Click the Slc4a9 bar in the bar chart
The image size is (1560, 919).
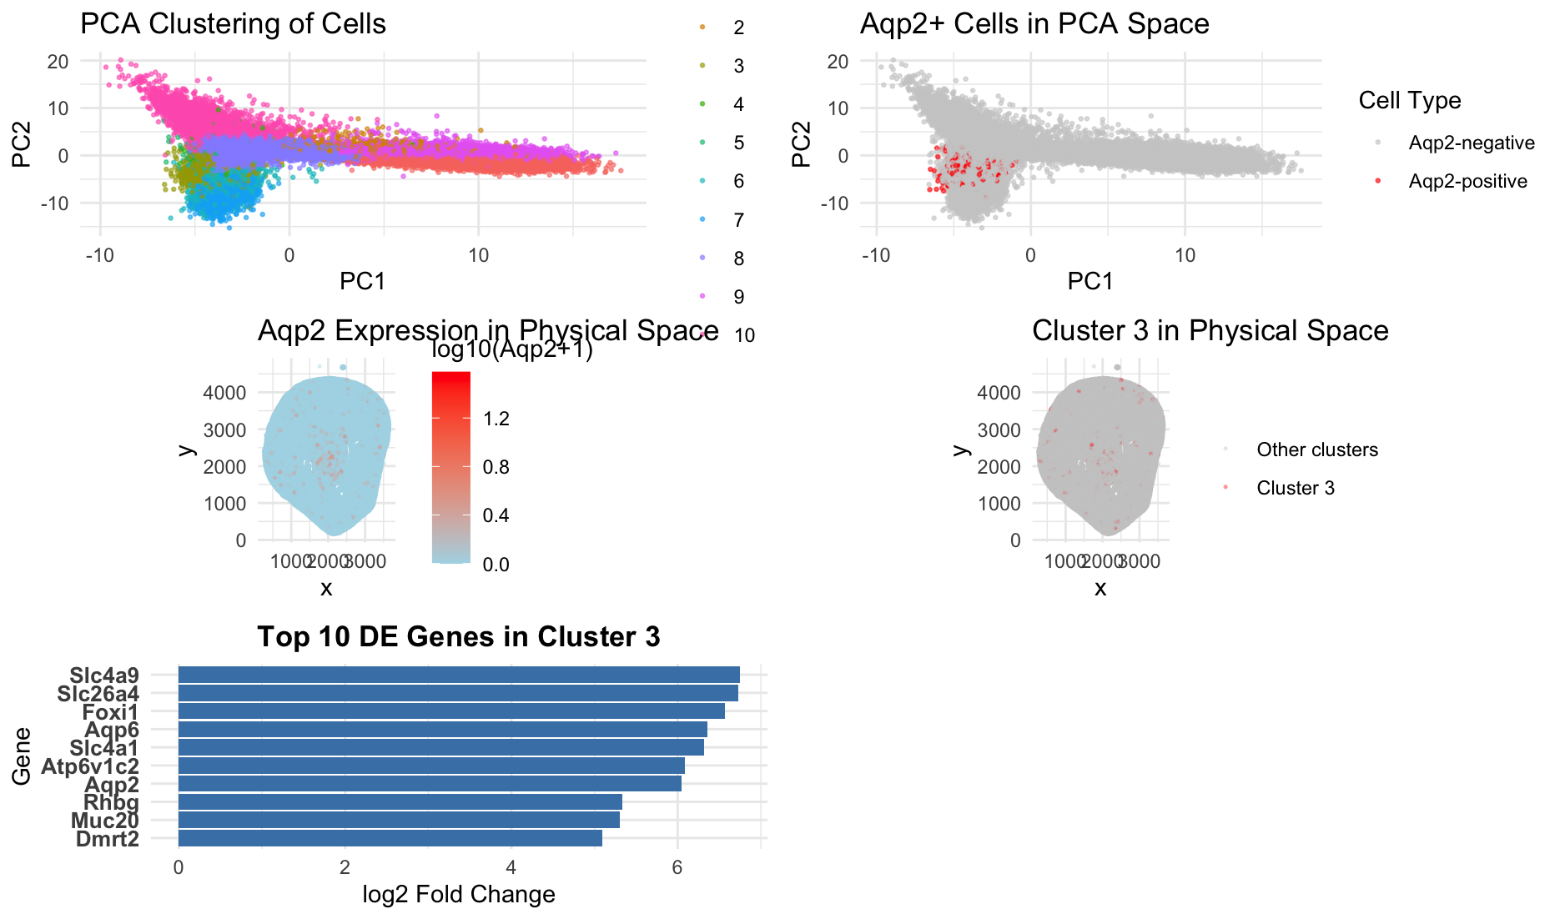[x=459, y=675]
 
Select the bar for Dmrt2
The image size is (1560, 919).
[x=390, y=838]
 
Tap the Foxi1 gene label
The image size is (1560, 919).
[x=110, y=712]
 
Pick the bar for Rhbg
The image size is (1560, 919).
[x=400, y=802]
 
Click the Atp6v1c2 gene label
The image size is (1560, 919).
[x=90, y=766]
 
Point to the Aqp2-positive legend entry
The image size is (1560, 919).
[x=1467, y=181]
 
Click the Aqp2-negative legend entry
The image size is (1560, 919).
[x=1471, y=143]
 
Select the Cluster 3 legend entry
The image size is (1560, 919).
[x=1295, y=488]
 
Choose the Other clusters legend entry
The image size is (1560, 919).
[x=1316, y=449]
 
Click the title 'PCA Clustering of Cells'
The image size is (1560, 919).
[x=233, y=23]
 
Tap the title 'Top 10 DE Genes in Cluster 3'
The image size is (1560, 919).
[x=459, y=637]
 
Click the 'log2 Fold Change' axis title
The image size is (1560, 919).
[x=459, y=895]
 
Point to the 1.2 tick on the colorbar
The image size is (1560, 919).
[x=496, y=419]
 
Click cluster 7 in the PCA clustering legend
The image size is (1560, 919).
[x=738, y=220]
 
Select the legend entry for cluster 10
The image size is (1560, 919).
[x=744, y=335]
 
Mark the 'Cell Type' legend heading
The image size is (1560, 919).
[x=1409, y=101]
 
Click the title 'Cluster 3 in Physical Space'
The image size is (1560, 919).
[x=1210, y=331]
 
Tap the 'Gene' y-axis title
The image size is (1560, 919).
[x=22, y=756]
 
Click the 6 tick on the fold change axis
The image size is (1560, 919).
[x=677, y=867]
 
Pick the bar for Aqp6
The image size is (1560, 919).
[x=442, y=730]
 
